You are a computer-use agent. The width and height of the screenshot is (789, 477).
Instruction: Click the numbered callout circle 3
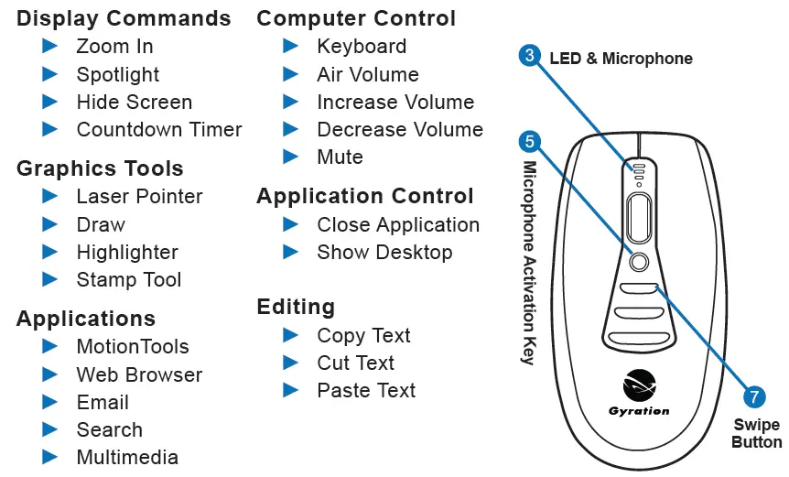pos(529,57)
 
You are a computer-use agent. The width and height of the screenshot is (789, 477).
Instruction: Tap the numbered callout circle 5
pos(529,141)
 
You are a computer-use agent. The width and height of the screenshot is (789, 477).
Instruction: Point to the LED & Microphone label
pos(621,59)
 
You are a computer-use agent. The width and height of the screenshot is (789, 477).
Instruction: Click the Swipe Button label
pos(756,434)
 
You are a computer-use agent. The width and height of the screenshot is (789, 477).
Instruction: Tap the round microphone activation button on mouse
pos(639,261)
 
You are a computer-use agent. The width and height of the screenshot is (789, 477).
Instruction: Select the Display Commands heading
pos(124,18)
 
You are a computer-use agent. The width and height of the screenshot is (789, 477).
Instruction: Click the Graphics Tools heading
pos(100,168)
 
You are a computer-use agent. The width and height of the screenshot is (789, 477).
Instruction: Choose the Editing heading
pos(296,307)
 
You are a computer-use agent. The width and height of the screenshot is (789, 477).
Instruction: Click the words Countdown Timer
pos(159,130)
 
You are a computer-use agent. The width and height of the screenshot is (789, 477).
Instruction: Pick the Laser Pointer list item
pos(139,196)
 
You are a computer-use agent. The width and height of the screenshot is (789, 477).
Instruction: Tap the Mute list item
pos(340,157)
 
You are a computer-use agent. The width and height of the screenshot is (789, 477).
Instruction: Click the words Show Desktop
pos(384,253)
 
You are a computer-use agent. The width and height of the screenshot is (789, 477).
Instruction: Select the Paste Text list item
pos(366,391)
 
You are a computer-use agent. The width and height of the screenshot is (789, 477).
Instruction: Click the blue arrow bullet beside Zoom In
pos(50,46)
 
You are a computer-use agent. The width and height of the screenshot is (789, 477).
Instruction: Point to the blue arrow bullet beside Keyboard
pos(291,46)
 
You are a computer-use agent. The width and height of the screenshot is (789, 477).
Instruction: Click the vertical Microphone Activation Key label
pos(528,263)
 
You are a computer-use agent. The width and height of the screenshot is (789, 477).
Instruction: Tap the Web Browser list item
pos(139,374)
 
